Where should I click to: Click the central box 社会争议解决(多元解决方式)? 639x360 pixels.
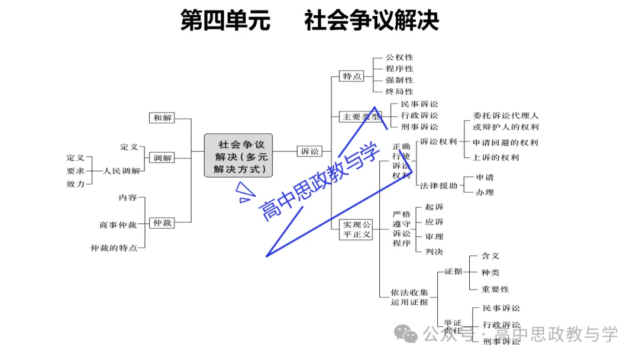pos(238,156)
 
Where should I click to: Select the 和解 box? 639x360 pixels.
pos(162,118)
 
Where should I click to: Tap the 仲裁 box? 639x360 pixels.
pos(162,223)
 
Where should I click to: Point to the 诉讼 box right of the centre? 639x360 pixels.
pos(309,152)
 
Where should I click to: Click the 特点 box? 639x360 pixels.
pos(352,76)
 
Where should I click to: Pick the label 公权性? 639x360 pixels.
pos(399,57)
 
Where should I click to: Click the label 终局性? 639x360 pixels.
pos(399,92)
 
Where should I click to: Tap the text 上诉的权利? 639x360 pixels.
pos(495,157)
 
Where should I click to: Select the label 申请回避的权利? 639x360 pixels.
pos(505,143)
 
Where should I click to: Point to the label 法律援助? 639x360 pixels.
pos(438,185)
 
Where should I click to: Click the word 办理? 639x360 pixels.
pos(485,192)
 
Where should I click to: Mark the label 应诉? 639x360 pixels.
pos(434,222)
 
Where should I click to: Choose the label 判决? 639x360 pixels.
pos(434,252)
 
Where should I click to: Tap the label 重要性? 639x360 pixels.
pos(495,289)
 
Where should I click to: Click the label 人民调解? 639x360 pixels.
pos(122,171)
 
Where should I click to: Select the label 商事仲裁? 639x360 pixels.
pos(118,225)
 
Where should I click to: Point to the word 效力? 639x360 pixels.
pos(75,184)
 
